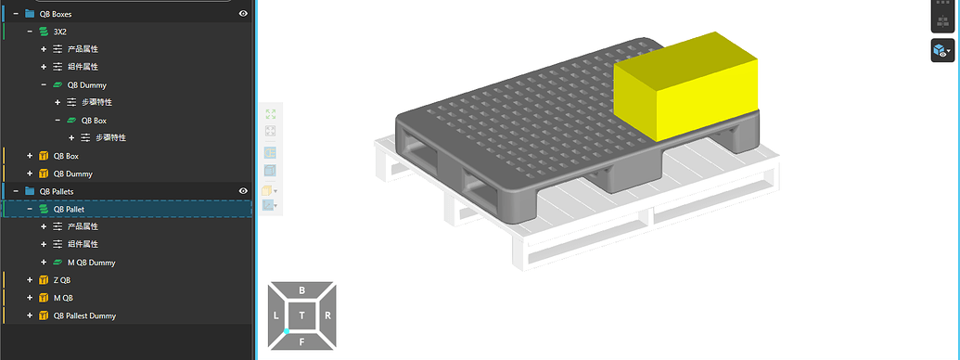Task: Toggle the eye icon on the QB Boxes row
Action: tap(243, 14)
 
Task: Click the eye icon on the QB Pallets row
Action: tap(243, 191)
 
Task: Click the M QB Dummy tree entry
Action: tap(91, 263)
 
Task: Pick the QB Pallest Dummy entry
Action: tap(84, 316)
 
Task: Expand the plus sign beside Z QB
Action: tap(30, 280)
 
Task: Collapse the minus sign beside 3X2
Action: tap(30, 32)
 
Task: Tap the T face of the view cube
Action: tap(302, 316)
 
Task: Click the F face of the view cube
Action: tap(302, 341)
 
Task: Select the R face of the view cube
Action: tap(328, 316)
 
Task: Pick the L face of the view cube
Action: tap(276, 316)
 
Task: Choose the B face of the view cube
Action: tap(302, 290)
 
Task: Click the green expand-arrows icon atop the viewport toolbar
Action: tap(271, 114)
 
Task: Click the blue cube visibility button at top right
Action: tap(941, 51)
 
